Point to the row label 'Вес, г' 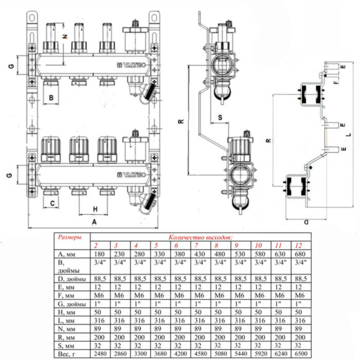click(x=65, y=354)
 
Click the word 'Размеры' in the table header click(x=69, y=238)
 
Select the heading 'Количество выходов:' click(x=200, y=238)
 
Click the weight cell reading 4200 click(x=179, y=354)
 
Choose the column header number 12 click(x=300, y=245)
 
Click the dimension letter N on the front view click(x=64, y=37)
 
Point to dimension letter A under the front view click(x=93, y=221)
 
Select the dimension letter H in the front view click(x=94, y=209)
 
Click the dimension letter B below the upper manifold click(x=51, y=97)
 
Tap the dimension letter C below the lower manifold click(x=52, y=203)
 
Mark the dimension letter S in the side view click(x=220, y=117)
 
